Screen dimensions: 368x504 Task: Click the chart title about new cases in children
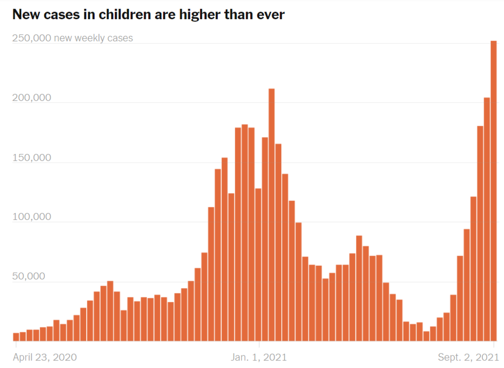148,15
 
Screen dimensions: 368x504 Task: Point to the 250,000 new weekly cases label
73,38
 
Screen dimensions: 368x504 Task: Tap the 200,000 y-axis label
31,97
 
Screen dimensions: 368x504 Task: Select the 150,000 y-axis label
31,158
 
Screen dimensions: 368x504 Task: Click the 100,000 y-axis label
31,217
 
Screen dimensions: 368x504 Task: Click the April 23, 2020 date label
45,357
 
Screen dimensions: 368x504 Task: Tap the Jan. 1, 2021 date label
259,357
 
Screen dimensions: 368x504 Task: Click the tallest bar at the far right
493,191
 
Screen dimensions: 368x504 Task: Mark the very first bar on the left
16,337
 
